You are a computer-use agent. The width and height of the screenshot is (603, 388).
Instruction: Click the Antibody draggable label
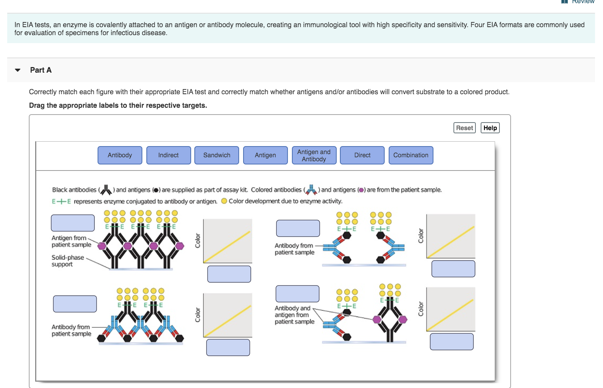[120, 155]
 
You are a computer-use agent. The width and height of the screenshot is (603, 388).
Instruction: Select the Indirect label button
[168, 155]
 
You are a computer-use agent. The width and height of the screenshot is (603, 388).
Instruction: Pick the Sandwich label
[217, 155]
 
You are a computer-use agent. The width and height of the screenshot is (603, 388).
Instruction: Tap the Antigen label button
[266, 155]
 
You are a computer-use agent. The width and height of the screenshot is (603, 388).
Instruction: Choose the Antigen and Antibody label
[314, 155]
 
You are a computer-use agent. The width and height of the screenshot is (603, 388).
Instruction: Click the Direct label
[362, 155]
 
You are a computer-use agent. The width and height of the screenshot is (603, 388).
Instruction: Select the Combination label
[411, 155]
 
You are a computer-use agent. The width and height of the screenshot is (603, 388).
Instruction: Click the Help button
[490, 128]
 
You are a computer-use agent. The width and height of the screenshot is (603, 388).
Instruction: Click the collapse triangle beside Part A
[18, 70]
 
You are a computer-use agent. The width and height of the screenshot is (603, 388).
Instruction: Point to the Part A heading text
[41, 70]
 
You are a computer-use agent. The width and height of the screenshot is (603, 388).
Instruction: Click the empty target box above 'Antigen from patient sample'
[73, 223]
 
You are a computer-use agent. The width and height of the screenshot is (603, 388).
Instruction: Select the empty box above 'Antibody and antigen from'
[298, 294]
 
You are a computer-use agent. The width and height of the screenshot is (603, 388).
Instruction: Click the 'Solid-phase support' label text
[68, 261]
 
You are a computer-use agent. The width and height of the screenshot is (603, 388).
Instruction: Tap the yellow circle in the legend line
[224, 201]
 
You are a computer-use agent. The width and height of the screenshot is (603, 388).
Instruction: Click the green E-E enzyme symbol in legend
[61, 202]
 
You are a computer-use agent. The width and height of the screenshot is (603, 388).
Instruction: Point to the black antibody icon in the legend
[106, 190]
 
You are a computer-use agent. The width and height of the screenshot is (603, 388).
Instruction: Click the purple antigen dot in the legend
[361, 190]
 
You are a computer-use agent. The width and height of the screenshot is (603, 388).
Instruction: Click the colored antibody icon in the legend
[311, 190]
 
